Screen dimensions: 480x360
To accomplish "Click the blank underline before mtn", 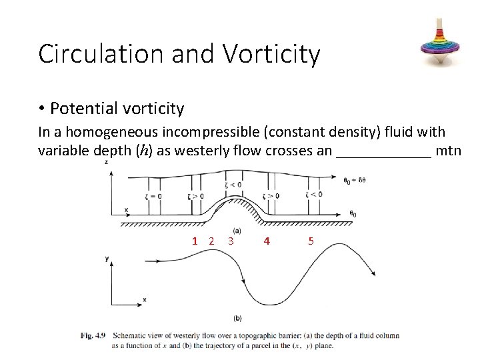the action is click(384, 151).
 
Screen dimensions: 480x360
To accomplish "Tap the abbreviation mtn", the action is click(449, 151).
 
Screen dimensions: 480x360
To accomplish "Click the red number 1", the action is click(195, 241).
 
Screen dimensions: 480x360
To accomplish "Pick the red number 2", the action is click(211, 241).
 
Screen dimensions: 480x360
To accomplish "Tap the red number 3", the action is click(230, 241).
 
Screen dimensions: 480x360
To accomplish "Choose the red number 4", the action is click(267, 241).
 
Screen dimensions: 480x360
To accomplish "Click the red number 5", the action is click(311, 241).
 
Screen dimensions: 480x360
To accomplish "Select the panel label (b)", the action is click(238, 318).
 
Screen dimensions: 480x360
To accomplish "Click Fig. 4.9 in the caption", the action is click(93, 335).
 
